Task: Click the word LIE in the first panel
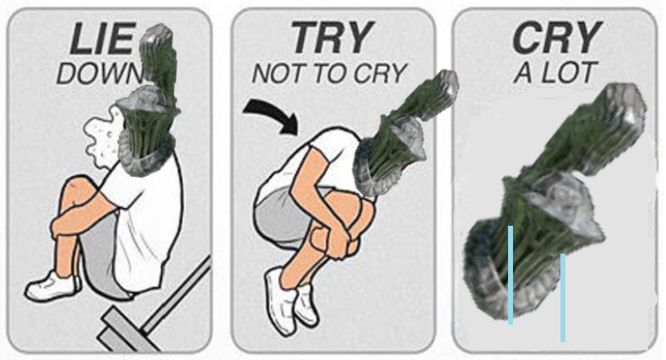click(103, 39)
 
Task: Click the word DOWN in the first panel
click(101, 74)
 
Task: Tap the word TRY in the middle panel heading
click(332, 38)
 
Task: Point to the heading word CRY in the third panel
click(557, 38)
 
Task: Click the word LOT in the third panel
click(569, 73)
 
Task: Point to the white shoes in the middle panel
click(291, 300)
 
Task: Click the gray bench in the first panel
click(153, 310)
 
